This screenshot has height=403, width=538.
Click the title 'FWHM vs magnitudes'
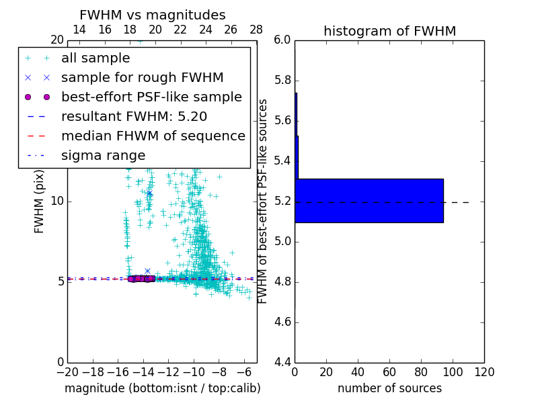[152, 15]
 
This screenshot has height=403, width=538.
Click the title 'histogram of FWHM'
[389, 31]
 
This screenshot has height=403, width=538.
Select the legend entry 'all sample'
[95, 58]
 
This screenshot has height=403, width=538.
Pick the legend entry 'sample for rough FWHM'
[142, 77]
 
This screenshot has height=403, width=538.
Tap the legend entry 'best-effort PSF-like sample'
[151, 97]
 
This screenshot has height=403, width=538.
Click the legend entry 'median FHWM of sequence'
[153, 136]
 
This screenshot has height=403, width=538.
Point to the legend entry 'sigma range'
[103, 155]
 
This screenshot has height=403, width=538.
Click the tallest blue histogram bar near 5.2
[369, 200]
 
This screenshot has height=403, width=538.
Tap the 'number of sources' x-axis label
[389, 388]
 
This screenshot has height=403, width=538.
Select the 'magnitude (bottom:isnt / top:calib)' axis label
[162, 388]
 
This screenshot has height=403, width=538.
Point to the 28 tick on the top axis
[256, 30]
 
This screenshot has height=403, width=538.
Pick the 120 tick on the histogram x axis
[484, 372]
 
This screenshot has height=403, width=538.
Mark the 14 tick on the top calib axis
[79, 30]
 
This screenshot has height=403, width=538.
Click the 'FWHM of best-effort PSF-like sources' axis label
[263, 201]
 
